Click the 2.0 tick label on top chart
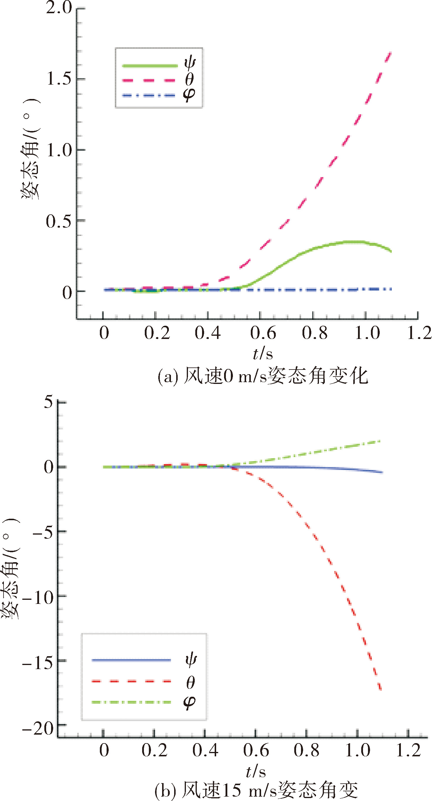tap(59, 7)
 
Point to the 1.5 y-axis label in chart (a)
tap(59, 78)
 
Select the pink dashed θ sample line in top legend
tap(149, 80)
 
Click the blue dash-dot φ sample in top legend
tap(149, 95)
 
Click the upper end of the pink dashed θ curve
tap(391, 52)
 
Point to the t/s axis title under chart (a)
tap(263, 354)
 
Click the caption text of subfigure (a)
tap(263, 376)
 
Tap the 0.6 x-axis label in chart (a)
tap(263, 333)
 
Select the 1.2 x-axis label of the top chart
tap(419, 333)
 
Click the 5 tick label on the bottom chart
tap(48, 402)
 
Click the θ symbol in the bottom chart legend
tap(191, 683)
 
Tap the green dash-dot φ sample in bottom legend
tap(132, 702)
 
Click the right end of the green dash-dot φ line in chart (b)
tap(380, 441)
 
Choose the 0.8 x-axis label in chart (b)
tap(306, 750)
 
